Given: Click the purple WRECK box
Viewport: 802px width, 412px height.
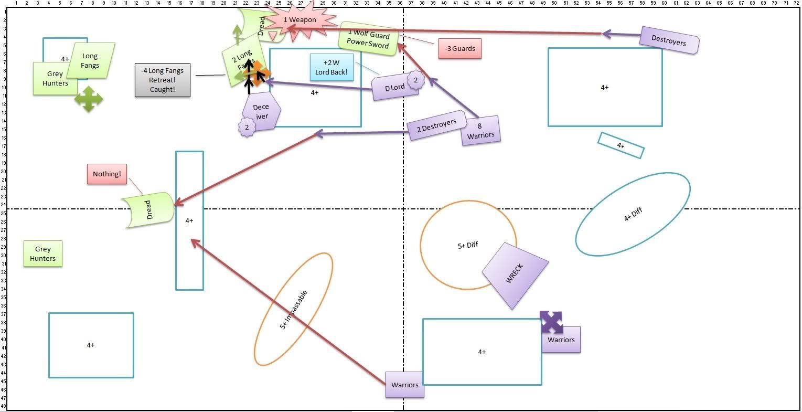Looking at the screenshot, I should tap(515, 275).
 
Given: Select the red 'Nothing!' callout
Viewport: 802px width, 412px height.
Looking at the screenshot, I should tap(107, 174).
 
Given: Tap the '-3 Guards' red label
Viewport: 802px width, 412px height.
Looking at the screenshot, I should tap(459, 49).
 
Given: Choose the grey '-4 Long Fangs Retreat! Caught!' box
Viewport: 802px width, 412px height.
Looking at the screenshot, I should tap(163, 80).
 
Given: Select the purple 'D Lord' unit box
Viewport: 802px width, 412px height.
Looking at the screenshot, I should tap(394, 88).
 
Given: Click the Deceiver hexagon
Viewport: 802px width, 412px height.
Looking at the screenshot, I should tap(261, 111).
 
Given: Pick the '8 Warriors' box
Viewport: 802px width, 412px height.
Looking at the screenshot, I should tap(480, 131).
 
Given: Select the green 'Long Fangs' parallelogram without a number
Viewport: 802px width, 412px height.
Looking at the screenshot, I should tap(90, 61).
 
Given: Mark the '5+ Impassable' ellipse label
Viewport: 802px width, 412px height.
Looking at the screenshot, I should tap(293, 310).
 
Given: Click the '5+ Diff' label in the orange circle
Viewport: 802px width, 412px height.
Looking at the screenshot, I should tap(468, 245).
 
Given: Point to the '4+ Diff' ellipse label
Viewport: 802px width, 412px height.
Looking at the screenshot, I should tap(633, 215).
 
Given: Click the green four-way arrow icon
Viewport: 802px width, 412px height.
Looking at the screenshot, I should tap(88, 99).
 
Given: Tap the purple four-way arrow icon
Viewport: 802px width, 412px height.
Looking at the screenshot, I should tap(551, 322).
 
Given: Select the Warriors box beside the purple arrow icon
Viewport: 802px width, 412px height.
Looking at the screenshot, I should tap(561, 340).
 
